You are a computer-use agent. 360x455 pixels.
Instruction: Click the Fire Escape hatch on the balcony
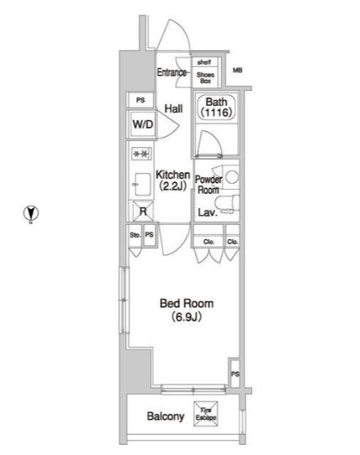pyautogui.click(x=206, y=414)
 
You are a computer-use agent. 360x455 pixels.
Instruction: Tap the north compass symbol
pyautogui.click(x=31, y=213)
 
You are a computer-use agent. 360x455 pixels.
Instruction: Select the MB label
pyautogui.click(x=237, y=71)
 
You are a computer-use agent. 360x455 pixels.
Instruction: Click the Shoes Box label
pyautogui.click(x=206, y=78)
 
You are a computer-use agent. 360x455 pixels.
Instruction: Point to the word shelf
pyautogui.click(x=204, y=62)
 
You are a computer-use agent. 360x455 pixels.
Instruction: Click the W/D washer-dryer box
pyautogui.click(x=142, y=124)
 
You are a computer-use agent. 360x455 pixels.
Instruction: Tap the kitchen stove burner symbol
pyautogui.click(x=142, y=154)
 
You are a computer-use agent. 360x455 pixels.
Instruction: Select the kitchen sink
pyautogui.click(x=142, y=185)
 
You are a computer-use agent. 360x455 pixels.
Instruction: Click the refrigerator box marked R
pyautogui.click(x=143, y=212)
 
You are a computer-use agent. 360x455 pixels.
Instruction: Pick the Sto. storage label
pyautogui.click(x=135, y=235)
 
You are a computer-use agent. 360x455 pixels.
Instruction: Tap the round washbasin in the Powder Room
pyautogui.click(x=232, y=177)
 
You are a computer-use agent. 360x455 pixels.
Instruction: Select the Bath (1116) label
pyautogui.click(x=217, y=107)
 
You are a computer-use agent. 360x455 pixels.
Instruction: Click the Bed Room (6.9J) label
pyautogui.click(x=186, y=311)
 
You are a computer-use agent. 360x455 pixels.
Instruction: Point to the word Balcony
pyautogui.click(x=165, y=416)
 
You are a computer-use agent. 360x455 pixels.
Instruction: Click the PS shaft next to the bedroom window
pyautogui.click(x=235, y=374)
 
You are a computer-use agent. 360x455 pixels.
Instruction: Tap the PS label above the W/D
pyautogui.click(x=141, y=100)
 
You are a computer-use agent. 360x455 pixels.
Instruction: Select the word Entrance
pyautogui.click(x=172, y=72)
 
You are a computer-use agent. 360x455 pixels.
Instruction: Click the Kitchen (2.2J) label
pyautogui.click(x=173, y=180)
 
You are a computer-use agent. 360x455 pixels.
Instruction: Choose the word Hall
pyautogui.click(x=174, y=109)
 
